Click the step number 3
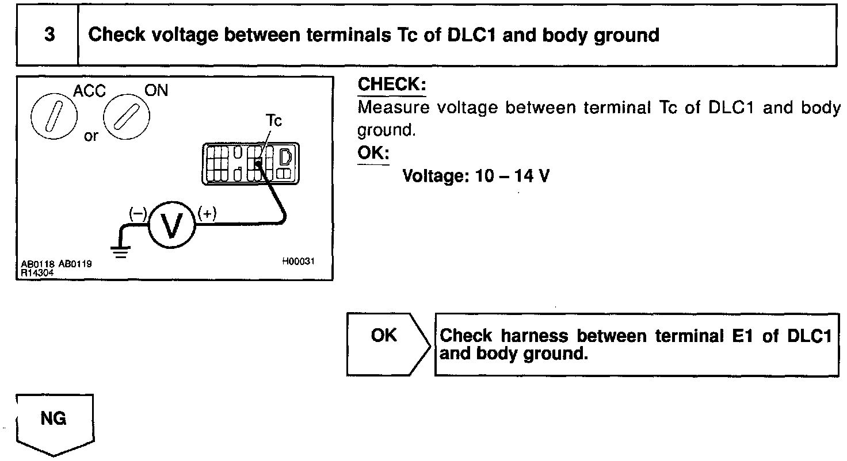[49, 35]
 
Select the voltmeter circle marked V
[173, 226]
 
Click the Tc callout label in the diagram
[273, 122]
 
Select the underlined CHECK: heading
[392, 84]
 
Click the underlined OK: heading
[373, 153]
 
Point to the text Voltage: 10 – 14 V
[476, 175]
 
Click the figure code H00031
[298, 261]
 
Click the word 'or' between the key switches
[91, 138]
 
